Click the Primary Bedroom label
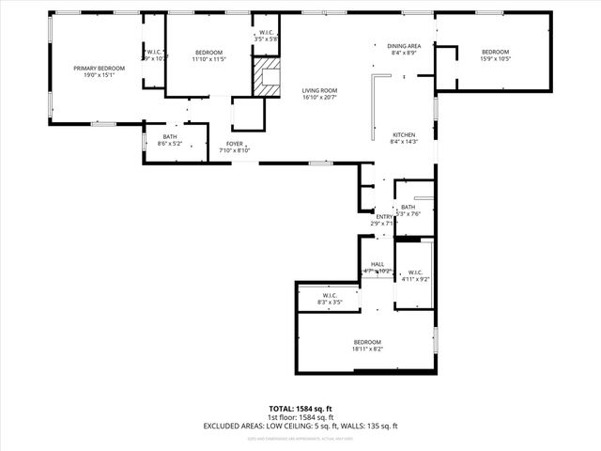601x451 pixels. pyautogui.click(x=100, y=68)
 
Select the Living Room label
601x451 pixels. pyautogui.click(x=319, y=90)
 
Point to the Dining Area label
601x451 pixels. pyautogui.click(x=405, y=45)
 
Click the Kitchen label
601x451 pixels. pyautogui.click(x=403, y=134)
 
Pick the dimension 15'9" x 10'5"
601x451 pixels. pyautogui.click(x=495, y=58)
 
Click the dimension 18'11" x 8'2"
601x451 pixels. pyautogui.click(x=367, y=349)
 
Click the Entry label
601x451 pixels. pyautogui.click(x=384, y=216)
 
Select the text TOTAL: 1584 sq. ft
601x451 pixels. pyautogui.click(x=300, y=409)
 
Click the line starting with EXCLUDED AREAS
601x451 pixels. pyautogui.click(x=300, y=426)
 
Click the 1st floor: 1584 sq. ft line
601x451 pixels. pyautogui.click(x=300, y=417)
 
